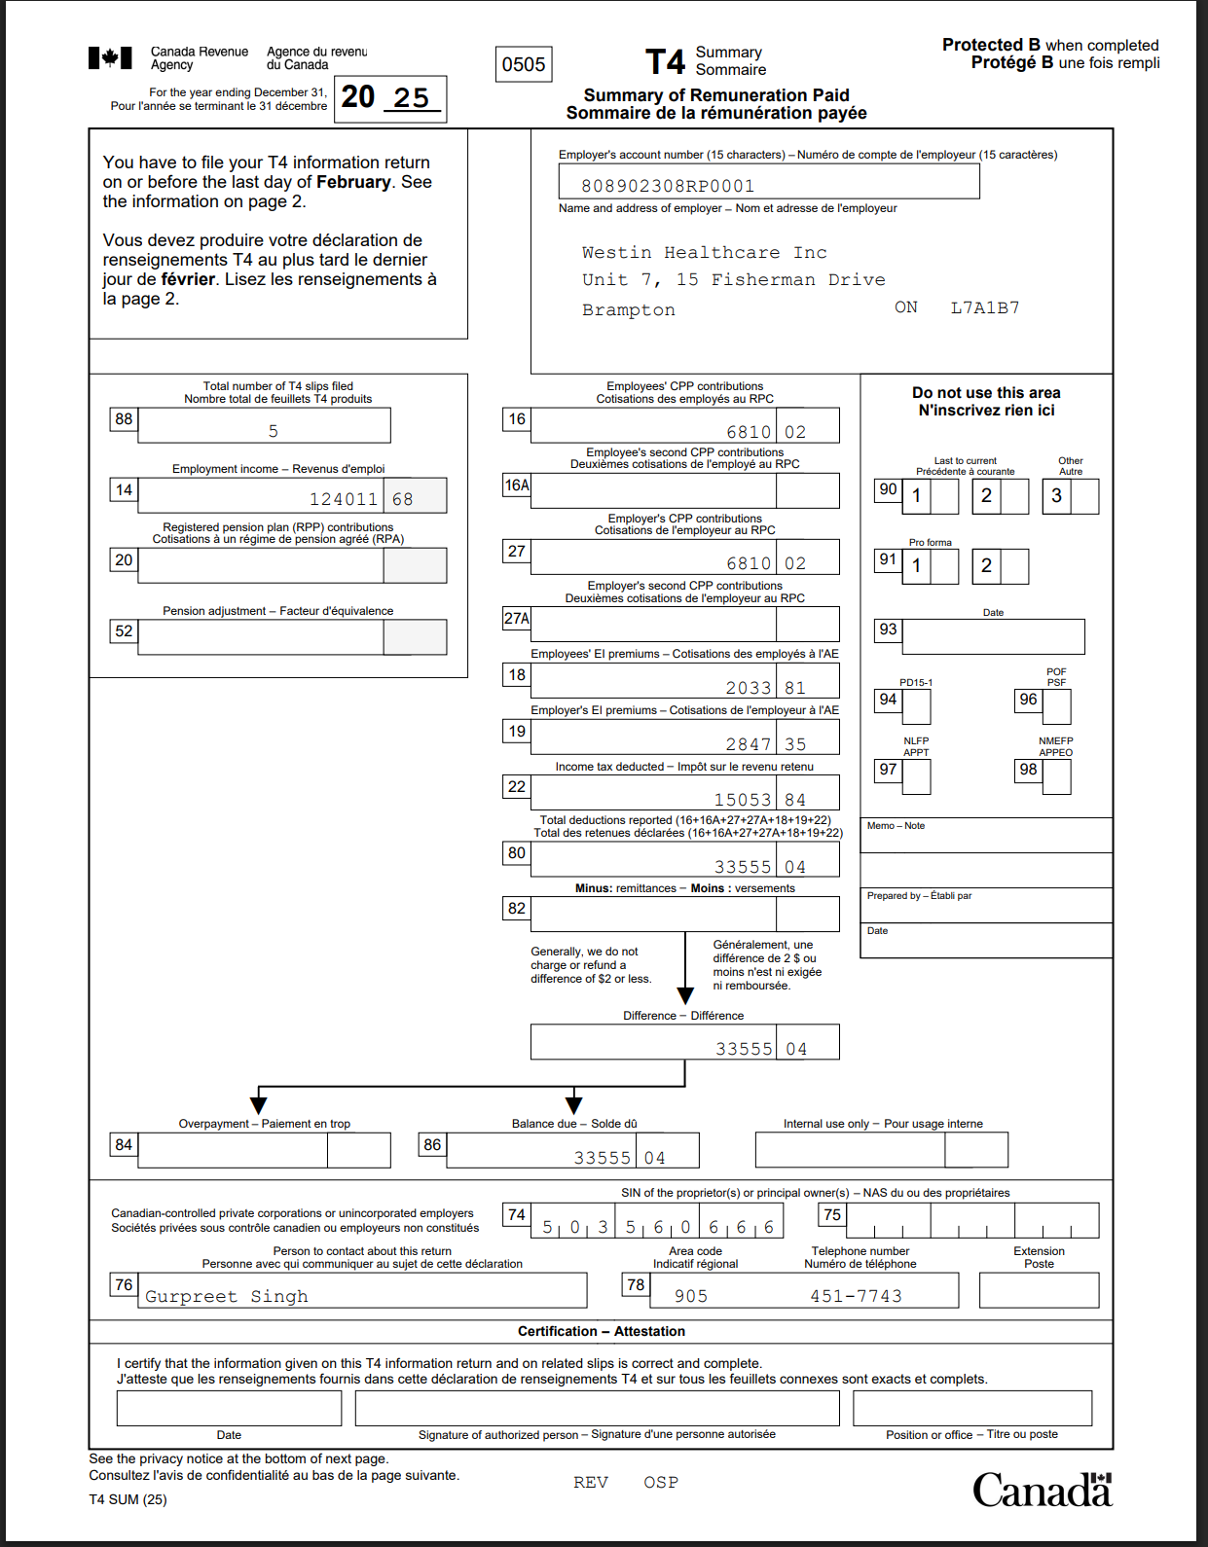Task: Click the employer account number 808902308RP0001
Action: click(x=668, y=186)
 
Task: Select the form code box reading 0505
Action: click(x=524, y=64)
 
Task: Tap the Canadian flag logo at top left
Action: click(x=110, y=58)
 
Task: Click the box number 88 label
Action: click(x=124, y=419)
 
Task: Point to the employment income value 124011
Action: click(x=343, y=499)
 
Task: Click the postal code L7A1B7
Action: click(x=985, y=307)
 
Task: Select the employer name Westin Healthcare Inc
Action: click(x=704, y=253)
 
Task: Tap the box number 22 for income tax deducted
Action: click(x=517, y=787)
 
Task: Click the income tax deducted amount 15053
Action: click(x=743, y=800)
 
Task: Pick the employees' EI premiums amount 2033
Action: click(x=749, y=688)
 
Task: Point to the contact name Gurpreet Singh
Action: click(x=227, y=1296)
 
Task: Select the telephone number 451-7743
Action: click(x=856, y=1296)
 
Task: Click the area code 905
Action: click(x=691, y=1296)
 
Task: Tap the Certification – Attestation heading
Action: click(x=602, y=1331)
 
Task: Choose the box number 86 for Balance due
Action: click(x=432, y=1145)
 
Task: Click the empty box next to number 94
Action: click(x=916, y=707)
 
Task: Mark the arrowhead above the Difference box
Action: click(x=685, y=995)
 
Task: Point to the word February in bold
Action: click(x=353, y=182)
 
